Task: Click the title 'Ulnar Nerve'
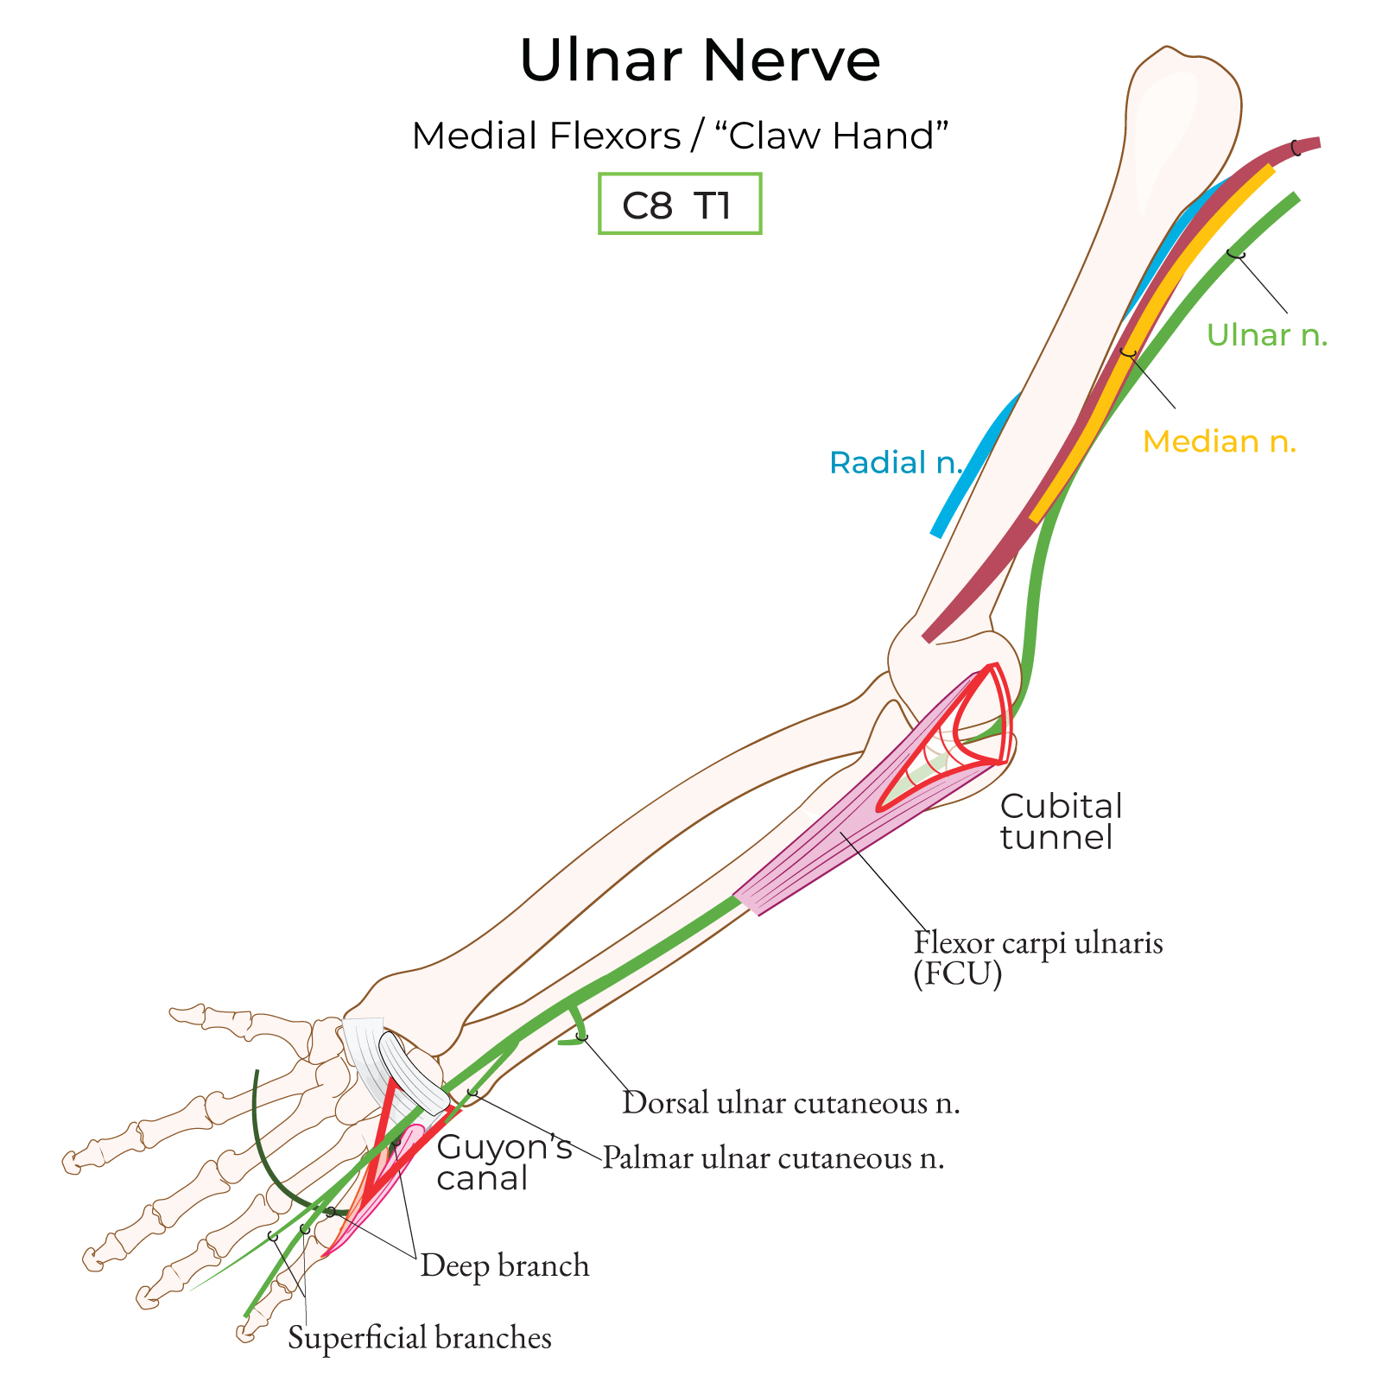700,60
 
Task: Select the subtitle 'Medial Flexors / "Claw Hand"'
680,136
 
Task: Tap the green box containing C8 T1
680,204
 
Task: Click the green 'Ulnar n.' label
1266,335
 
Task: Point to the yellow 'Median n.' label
1219,441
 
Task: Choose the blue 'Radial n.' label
895,463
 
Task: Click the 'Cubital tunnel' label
1061,821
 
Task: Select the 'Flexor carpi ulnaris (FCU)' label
1037,957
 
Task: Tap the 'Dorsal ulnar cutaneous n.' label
790,1103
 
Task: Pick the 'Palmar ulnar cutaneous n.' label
772,1157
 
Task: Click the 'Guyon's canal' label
504,1163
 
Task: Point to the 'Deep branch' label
504,1265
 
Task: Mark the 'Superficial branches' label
419,1337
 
